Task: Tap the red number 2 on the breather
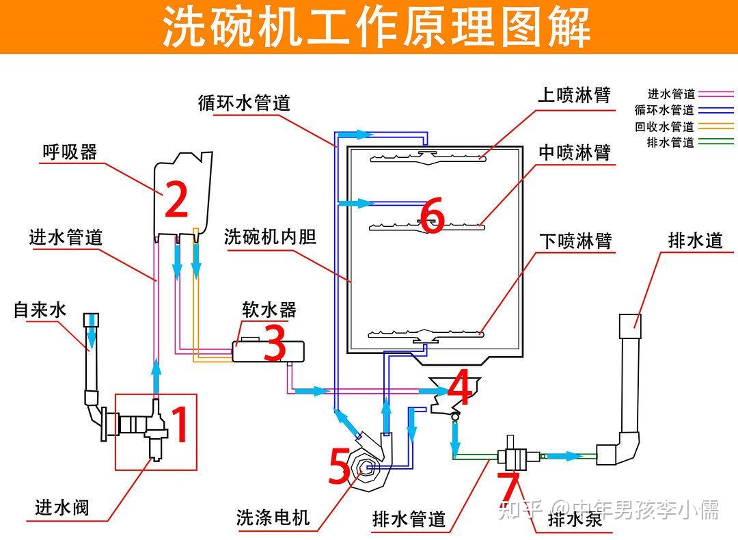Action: pos(176,200)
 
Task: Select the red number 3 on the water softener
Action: pos(274,344)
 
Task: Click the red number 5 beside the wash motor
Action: pos(340,467)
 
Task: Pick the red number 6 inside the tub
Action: pos(432,215)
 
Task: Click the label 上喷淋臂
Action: pos(574,94)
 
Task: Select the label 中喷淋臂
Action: pos(574,152)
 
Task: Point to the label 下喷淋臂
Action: pos(574,241)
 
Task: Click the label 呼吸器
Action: pos(70,152)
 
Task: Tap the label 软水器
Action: pos(269,309)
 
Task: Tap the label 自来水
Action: pos(40,310)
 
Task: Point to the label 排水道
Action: pos(695,241)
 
